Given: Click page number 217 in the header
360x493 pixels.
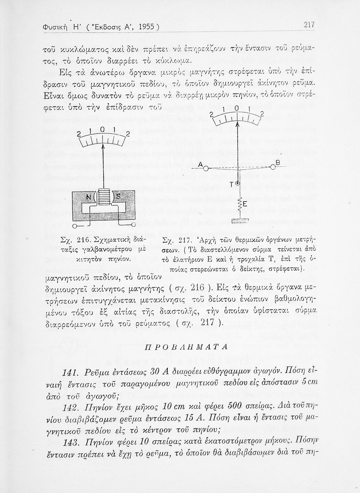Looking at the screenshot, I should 309,25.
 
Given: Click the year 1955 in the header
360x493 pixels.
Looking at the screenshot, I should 144,26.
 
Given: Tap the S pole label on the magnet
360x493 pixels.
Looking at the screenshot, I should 118,197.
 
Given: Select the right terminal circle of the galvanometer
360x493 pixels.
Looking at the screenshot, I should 133,224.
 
